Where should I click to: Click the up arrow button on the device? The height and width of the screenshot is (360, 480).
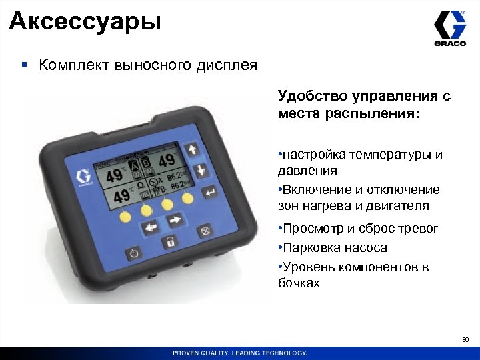pos(193,149)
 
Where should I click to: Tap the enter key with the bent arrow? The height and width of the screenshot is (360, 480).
pos(209,193)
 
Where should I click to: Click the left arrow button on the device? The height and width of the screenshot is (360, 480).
pos(150,227)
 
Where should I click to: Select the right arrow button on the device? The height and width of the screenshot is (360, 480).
pos(175,221)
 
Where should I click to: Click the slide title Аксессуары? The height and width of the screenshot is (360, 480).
pos(85,21)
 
